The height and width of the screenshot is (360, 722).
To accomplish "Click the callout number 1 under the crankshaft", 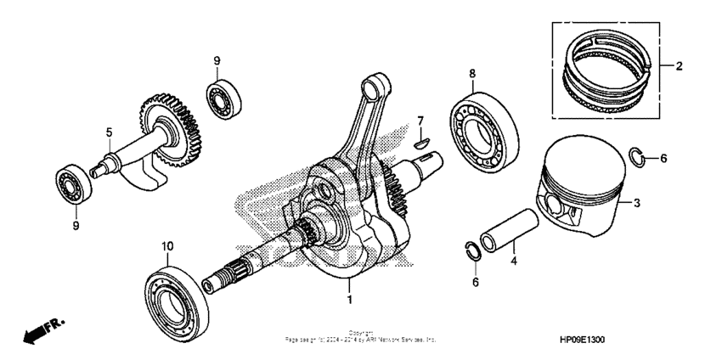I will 348,300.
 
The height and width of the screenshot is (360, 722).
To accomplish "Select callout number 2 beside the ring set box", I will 679,65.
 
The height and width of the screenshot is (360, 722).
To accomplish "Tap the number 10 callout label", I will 167,246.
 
